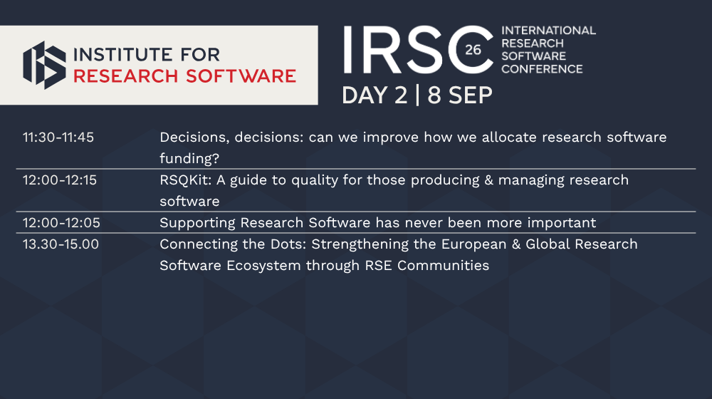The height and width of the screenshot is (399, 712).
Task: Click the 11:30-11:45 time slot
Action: (58, 138)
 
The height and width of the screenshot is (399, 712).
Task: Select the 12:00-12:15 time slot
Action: (60, 180)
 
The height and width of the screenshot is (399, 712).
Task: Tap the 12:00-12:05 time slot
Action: (61, 223)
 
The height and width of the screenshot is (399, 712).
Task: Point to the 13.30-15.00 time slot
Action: (61, 244)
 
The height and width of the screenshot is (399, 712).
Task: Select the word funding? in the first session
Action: (189, 159)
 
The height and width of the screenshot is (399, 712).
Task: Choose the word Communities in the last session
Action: (443, 265)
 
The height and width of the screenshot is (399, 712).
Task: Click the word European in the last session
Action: (473, 244)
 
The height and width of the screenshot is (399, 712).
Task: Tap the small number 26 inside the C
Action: (473, 50)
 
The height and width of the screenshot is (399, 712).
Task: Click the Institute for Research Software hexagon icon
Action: (44, 65)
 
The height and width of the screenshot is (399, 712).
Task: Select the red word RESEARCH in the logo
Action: (126, 76)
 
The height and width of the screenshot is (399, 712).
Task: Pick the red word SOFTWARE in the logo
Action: (241, 76)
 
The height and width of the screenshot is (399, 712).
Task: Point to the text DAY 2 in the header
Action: (375, 95)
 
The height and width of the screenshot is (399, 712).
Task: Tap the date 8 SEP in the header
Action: (460, 95)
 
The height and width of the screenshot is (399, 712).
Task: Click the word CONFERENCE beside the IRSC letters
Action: (542, 69)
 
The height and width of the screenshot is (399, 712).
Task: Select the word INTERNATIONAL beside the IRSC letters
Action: (548, 31)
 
